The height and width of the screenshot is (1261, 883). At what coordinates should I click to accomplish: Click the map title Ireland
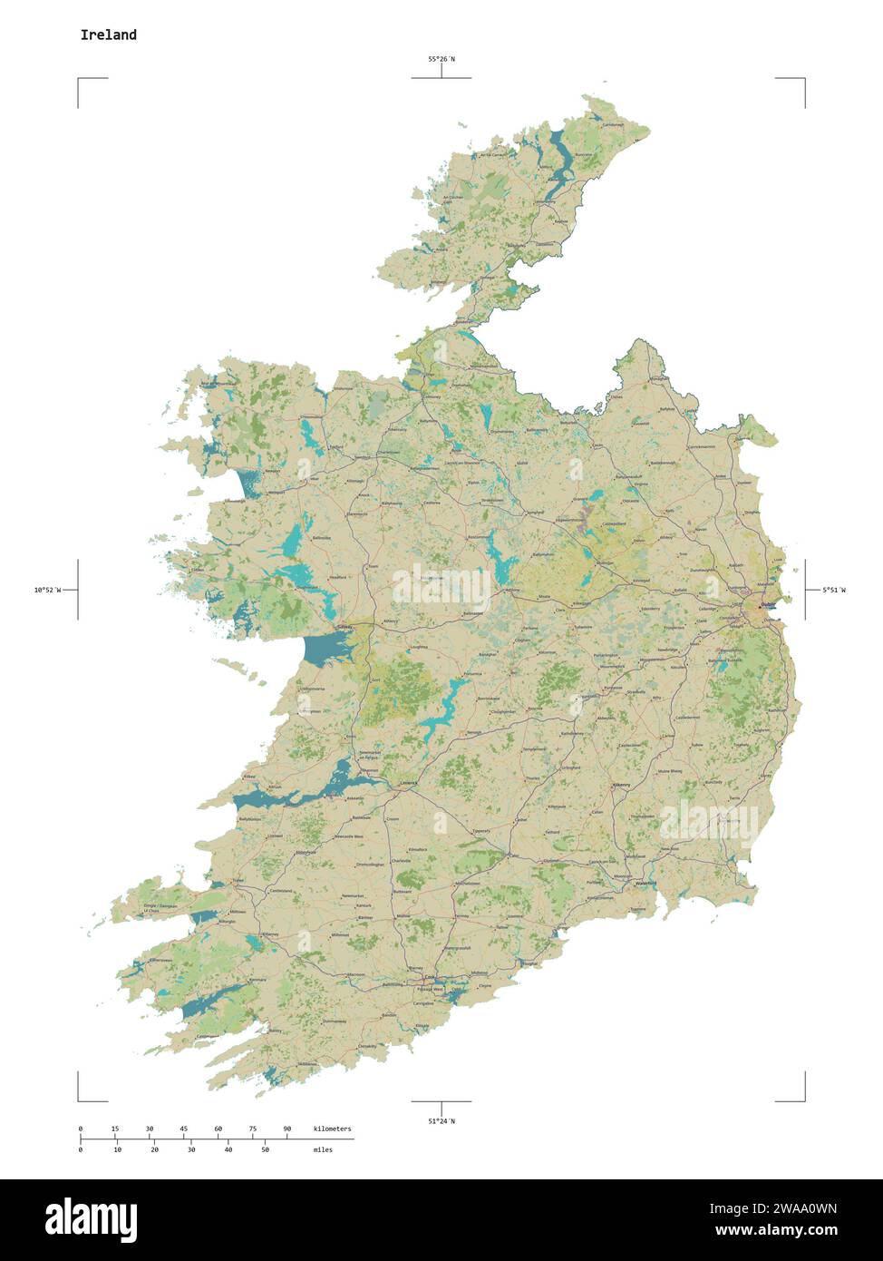point(108,34)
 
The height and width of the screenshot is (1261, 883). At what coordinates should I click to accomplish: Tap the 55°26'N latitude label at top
point(441,59)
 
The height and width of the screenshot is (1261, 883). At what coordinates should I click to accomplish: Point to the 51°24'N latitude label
point(441,1121)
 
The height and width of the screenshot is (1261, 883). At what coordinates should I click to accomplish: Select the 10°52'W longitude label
point(46,590)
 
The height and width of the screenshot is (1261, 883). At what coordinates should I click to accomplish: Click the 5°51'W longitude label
point(834,590)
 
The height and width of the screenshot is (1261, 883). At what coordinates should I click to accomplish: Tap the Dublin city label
point(768,604)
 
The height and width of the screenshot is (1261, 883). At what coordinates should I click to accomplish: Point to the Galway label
point(344,627)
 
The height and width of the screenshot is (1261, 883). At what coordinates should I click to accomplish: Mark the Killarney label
point(269,934)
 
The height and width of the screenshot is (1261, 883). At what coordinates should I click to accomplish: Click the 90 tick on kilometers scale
point(287,1129)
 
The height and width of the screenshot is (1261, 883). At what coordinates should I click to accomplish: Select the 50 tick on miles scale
point(265,1149)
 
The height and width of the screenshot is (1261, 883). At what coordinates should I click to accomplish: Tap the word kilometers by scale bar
point(332,1129)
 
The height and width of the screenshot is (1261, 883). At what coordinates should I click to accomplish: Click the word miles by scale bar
point(323,1149)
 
